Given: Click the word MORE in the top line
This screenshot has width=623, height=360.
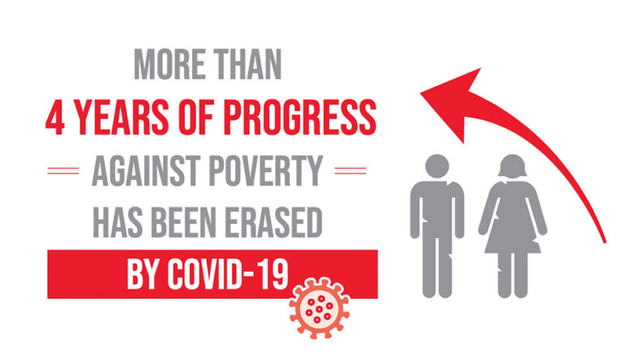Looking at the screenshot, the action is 170,64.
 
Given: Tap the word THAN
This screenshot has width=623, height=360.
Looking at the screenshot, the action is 248,64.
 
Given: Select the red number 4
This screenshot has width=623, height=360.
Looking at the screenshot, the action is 55,118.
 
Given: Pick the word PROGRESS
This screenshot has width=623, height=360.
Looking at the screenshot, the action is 300,118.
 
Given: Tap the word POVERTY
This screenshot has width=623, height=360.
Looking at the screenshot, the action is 265,171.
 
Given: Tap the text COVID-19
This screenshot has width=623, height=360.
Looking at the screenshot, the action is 228,274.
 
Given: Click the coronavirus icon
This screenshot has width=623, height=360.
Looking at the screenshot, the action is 320,308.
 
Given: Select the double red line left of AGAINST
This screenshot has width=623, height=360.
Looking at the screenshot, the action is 63,171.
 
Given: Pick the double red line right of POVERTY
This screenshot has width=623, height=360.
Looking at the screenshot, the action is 350,171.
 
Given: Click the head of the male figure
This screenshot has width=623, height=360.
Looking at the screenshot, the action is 437,166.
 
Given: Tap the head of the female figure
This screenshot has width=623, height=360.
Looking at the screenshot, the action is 513,166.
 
